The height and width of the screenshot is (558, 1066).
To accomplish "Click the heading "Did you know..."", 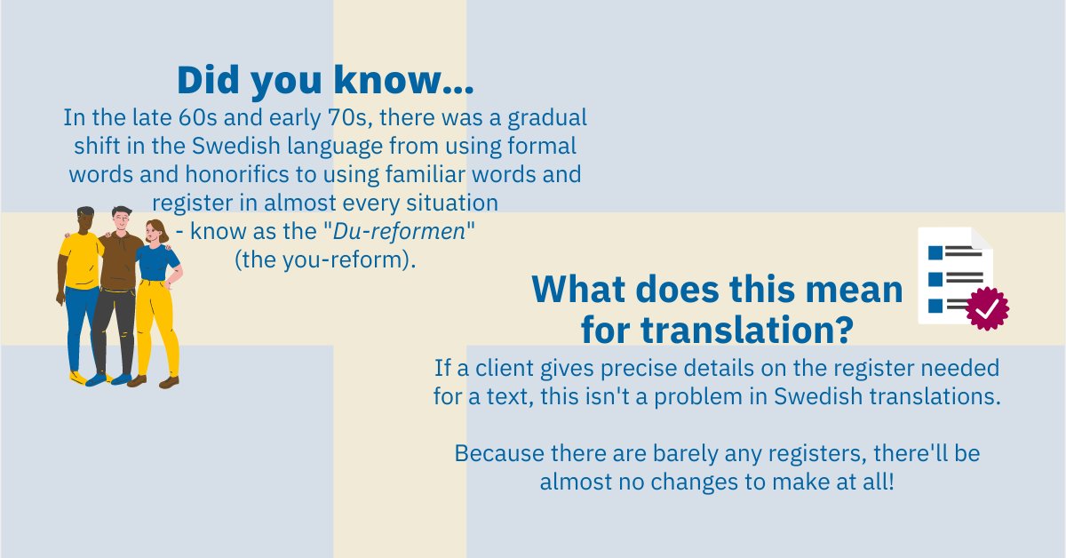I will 324,80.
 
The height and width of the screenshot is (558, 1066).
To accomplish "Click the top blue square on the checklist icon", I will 935,252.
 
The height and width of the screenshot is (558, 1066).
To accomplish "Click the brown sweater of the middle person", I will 118,262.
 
